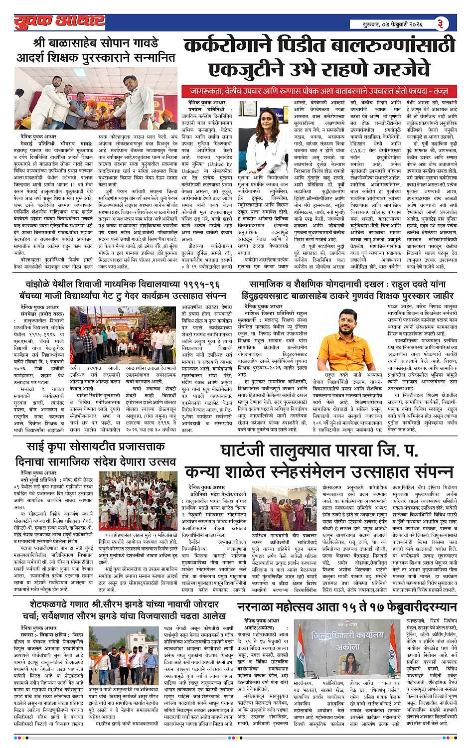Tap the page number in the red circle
pos(441,23)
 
